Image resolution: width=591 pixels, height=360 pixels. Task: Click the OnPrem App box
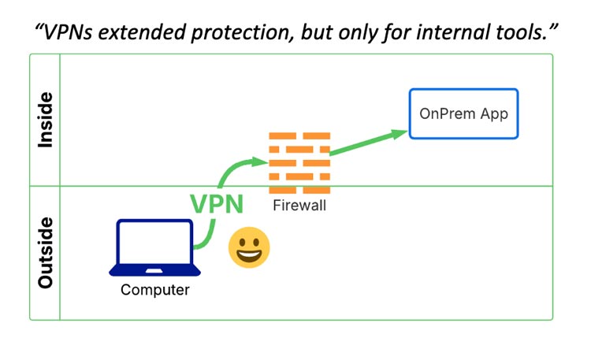pyautogui.click(x=463, y=114)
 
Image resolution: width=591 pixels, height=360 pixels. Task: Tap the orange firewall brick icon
pyautogui.click(x=298, y=163)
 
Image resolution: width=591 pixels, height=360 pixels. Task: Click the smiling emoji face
pyautogui.click(x=249, y=248)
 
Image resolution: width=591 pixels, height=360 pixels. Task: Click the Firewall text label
pyautogui.click(x=299, y=206)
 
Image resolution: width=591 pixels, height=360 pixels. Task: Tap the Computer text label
pyautogui.click(x=154, y=290)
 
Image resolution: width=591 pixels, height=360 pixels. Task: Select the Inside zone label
pyautogui.click(x=46, y=120)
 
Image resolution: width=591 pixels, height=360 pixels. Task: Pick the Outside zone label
pyautogui.click(x=46, y=252)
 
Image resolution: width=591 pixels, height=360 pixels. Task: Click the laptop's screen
pyautogui.click(x=154, y=243)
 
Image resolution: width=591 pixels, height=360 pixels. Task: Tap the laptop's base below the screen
pyautogui.click(x=154, y=272)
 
